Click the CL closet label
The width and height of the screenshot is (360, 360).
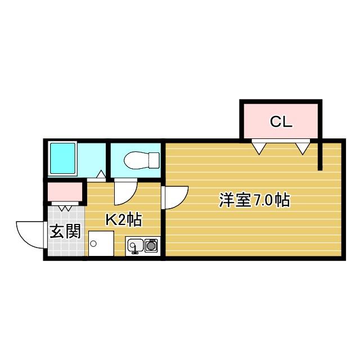pyautogui.click(x=281, y=121)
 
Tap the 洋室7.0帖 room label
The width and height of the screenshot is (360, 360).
pyautogui.click(x=254, y=200)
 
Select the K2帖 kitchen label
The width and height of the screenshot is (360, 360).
pyautogui.click(x=123, y=219)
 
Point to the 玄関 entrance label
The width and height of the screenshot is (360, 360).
pyautogui.click(x=65, y=231)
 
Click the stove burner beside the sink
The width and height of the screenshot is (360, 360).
pyautogui.click(x=151, y=245)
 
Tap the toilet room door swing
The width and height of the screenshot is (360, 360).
pyautogui.click(x=125, y=193)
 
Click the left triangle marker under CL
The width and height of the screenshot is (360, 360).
pyautogui.click(x=259, y=147)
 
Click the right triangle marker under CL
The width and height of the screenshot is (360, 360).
pyautogui.click(x=303, y=147)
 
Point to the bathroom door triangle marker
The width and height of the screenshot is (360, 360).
pyautogui.click(x=101, y=175)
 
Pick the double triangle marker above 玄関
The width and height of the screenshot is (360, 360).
pyautogui.click(x=65, y=208)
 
